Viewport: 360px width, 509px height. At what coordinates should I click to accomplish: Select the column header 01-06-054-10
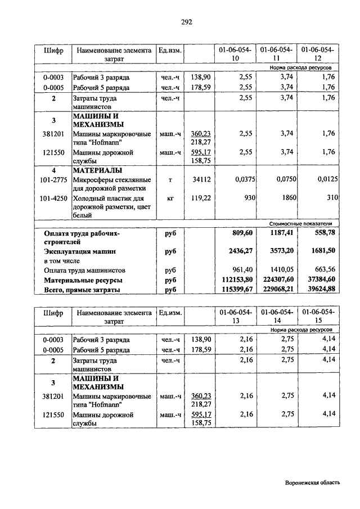tap(236, 55)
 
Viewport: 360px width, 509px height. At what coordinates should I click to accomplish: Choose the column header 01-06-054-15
tap(318, 316)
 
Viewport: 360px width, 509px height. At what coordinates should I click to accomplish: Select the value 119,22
tap(201, 199)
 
